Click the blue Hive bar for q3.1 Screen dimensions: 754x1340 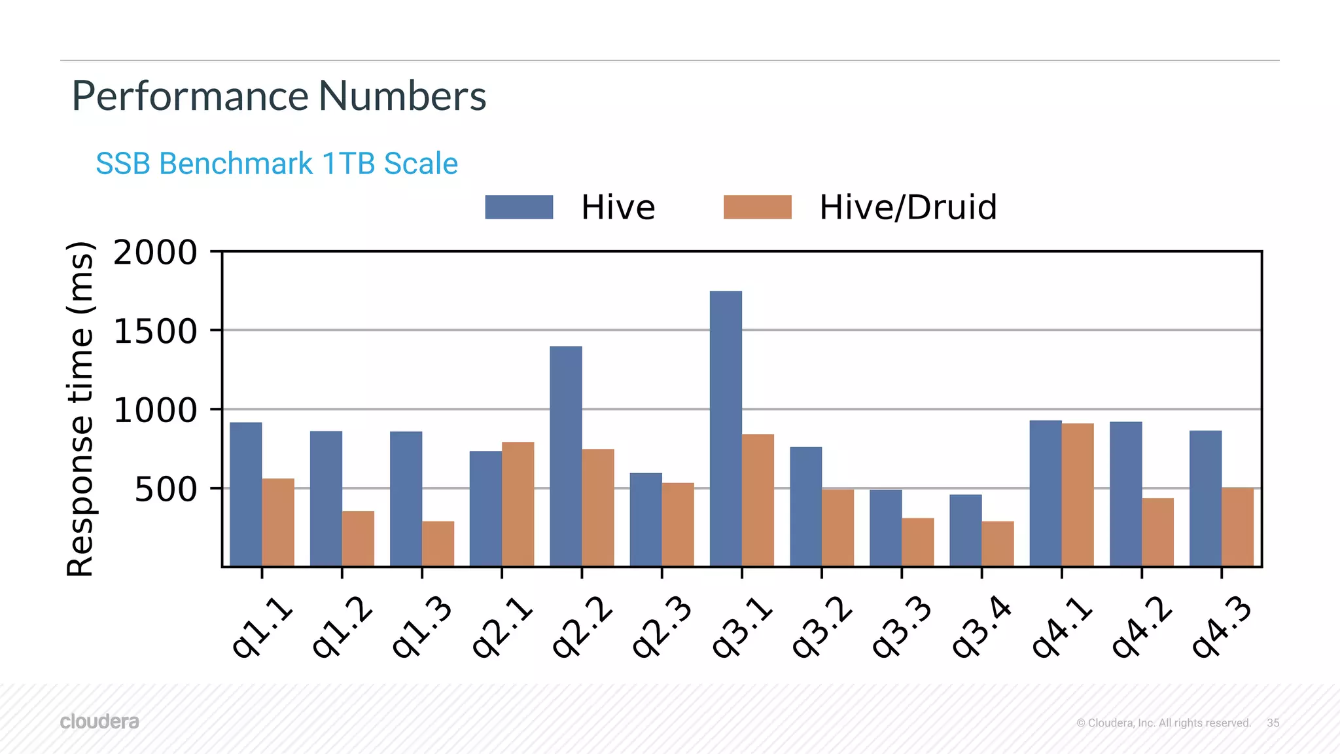click(726, 429)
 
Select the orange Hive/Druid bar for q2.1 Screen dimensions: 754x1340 click(518, 504)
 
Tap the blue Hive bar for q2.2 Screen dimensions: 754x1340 click(566, 456)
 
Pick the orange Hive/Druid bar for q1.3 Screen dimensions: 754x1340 click(438, 543)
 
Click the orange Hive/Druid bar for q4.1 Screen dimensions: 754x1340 click(1078, 495)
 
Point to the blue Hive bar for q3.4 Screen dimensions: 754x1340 click(965, 530)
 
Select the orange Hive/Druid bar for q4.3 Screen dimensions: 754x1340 click(1237, 527)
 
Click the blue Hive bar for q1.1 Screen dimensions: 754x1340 click(246, 494)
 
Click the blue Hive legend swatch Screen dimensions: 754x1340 click(519, 207)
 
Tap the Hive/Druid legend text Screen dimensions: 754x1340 click(908, 207)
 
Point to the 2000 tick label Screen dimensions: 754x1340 click(155, 253)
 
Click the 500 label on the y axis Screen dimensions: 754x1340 click(166, 490)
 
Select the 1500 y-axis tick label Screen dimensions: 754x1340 click(155, 331)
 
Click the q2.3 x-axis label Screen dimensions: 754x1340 click(661, 626)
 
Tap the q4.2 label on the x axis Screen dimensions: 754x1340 click(1141, 626)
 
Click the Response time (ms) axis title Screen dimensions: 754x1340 click(81, 409)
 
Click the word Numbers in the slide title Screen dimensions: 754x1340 click(402, 96)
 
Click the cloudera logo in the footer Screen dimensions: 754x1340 click(99, 721)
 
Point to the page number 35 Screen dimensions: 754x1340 click(1273, 723)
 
